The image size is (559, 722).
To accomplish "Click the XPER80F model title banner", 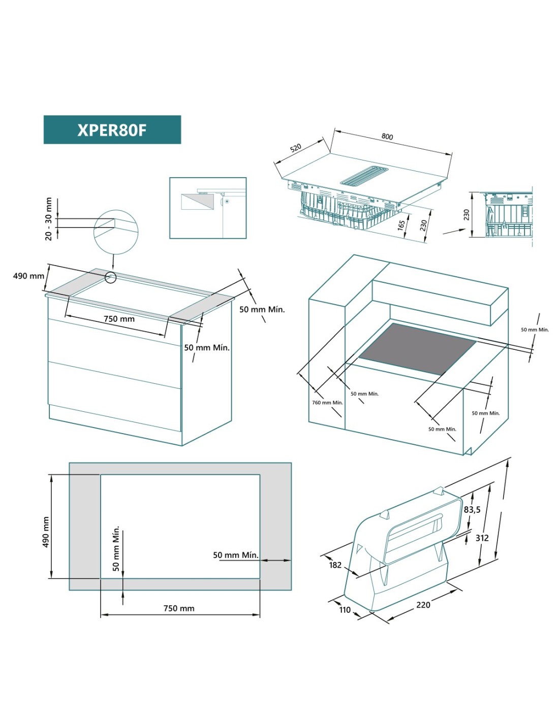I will pos(112,129).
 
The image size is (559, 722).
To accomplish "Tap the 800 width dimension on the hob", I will pos(387,136).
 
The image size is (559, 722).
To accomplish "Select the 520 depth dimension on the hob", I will pos(296,148).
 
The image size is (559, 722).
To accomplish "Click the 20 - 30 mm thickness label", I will pos(49,219).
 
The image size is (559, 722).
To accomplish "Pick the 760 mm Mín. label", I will pos(327,403).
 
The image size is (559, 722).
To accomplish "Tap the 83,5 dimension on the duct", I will pos(472,509).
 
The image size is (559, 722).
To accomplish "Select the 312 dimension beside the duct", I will pos(482,538).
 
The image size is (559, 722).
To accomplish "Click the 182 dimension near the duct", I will pos(335,565).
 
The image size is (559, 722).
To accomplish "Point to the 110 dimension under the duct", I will pos(345,610).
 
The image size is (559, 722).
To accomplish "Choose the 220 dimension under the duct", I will pos(423,605).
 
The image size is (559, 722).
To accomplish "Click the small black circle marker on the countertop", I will pos(110,277).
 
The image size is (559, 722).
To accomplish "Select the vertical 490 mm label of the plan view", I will pos(46,532).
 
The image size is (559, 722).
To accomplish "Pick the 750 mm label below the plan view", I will pos(179,608).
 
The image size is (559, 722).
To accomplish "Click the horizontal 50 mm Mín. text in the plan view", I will pos(235,555).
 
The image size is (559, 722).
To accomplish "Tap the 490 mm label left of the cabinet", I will pos(28,276).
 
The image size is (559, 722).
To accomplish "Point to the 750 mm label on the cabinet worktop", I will pos(119,319).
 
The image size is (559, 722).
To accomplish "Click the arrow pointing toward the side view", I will pos(454,231).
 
